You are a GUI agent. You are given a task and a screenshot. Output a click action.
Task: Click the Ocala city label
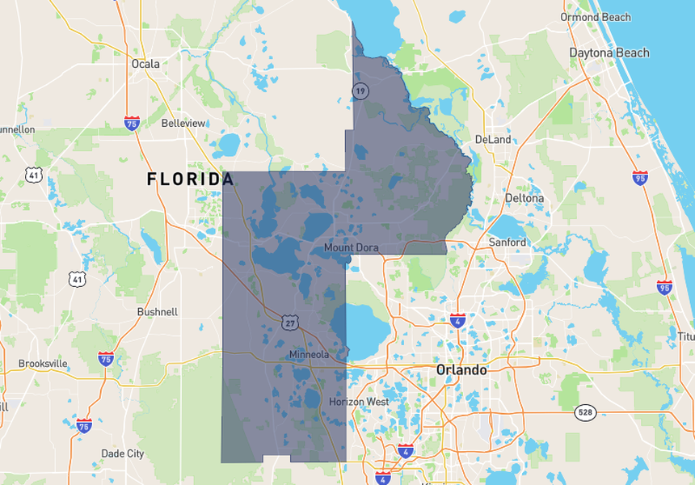coord(145,63)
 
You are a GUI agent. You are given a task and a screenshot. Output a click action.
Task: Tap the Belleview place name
coord(183,123)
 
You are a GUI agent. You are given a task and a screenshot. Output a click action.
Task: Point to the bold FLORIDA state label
coord(191,179)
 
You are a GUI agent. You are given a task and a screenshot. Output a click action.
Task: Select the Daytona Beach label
coord(609,53)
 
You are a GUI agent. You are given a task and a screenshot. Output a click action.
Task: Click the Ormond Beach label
coord(596,17)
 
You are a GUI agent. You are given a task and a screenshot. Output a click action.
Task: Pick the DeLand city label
coord(493,139)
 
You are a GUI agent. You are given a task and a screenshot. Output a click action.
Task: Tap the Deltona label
coord(524,198)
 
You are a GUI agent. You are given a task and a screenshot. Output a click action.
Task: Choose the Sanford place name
coord(508,242)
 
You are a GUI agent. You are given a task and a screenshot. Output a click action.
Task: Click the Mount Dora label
coord(351,247)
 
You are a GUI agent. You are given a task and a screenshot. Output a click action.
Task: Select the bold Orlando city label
coord(461,369)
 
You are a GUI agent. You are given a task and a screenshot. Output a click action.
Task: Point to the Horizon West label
coord(359,402)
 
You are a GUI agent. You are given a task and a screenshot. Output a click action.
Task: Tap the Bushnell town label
coord(158,311)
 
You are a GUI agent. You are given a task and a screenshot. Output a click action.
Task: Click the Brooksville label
coord(43,364)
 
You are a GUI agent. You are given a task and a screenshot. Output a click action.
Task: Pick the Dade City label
coord(123,453)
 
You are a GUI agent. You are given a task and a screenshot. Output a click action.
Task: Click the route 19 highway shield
coord(360,91)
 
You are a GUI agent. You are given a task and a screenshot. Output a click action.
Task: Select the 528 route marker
coord(586,412)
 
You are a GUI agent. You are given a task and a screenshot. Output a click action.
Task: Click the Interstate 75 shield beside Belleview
coord(132,123)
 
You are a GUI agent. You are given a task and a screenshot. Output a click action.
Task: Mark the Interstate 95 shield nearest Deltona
coord(640,178)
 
